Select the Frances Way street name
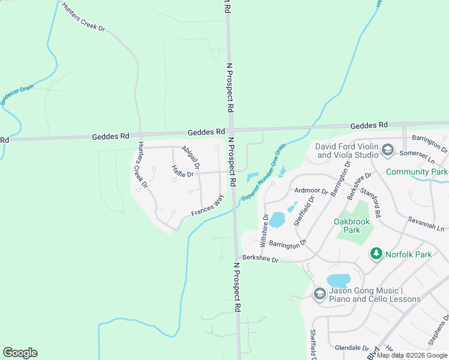pos(207,205)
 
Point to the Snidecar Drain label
pos(17,95)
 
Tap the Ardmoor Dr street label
pos(312,191)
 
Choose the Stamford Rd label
pos(370,202)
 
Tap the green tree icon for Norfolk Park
pos(376,254)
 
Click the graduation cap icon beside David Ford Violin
pos(388,149)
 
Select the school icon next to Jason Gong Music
pos(319,294)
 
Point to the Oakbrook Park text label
pos(355,226)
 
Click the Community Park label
pos(417,172)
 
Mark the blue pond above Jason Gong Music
pos(339,280)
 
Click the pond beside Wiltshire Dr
pos(277,220)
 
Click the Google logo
pos(20,353)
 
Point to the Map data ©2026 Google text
pos(411,355)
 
